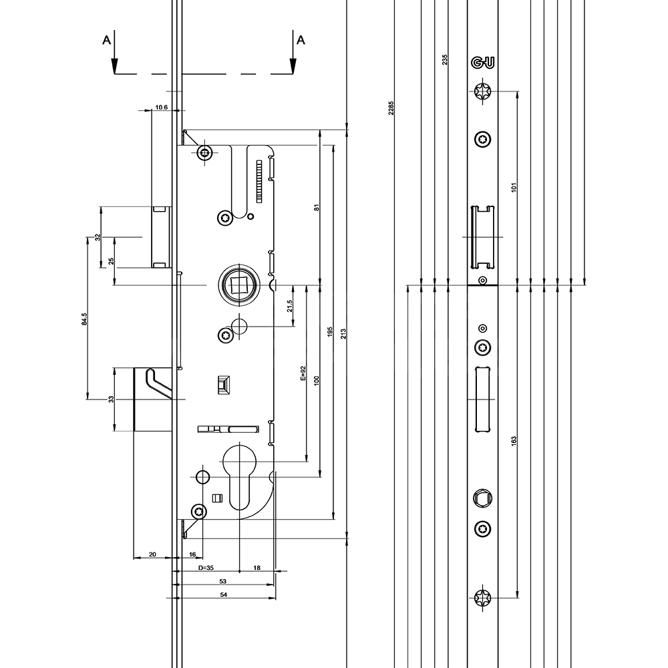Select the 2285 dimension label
tap(391, 108)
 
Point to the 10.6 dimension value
tap(161, 107)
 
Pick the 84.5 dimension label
tap(83, 318)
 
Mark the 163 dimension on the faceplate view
tap(514, 442)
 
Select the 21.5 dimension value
tap(289, 306)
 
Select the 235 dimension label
tap(445, 60)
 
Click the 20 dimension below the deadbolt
tap(152, 554)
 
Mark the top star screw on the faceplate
tap(482, 92)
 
